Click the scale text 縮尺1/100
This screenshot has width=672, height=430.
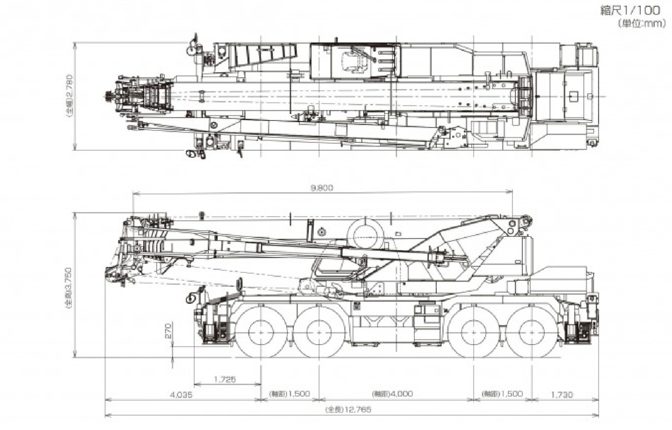point(630,11)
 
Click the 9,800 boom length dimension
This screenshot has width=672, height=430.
point(322,188)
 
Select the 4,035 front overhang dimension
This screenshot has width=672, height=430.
point(181,395)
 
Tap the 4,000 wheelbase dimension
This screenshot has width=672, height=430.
point(392,394)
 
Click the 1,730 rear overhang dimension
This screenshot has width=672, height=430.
point(561,395)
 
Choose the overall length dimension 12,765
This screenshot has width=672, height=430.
point(348,410)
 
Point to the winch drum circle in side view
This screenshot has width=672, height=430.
point(366,233)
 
